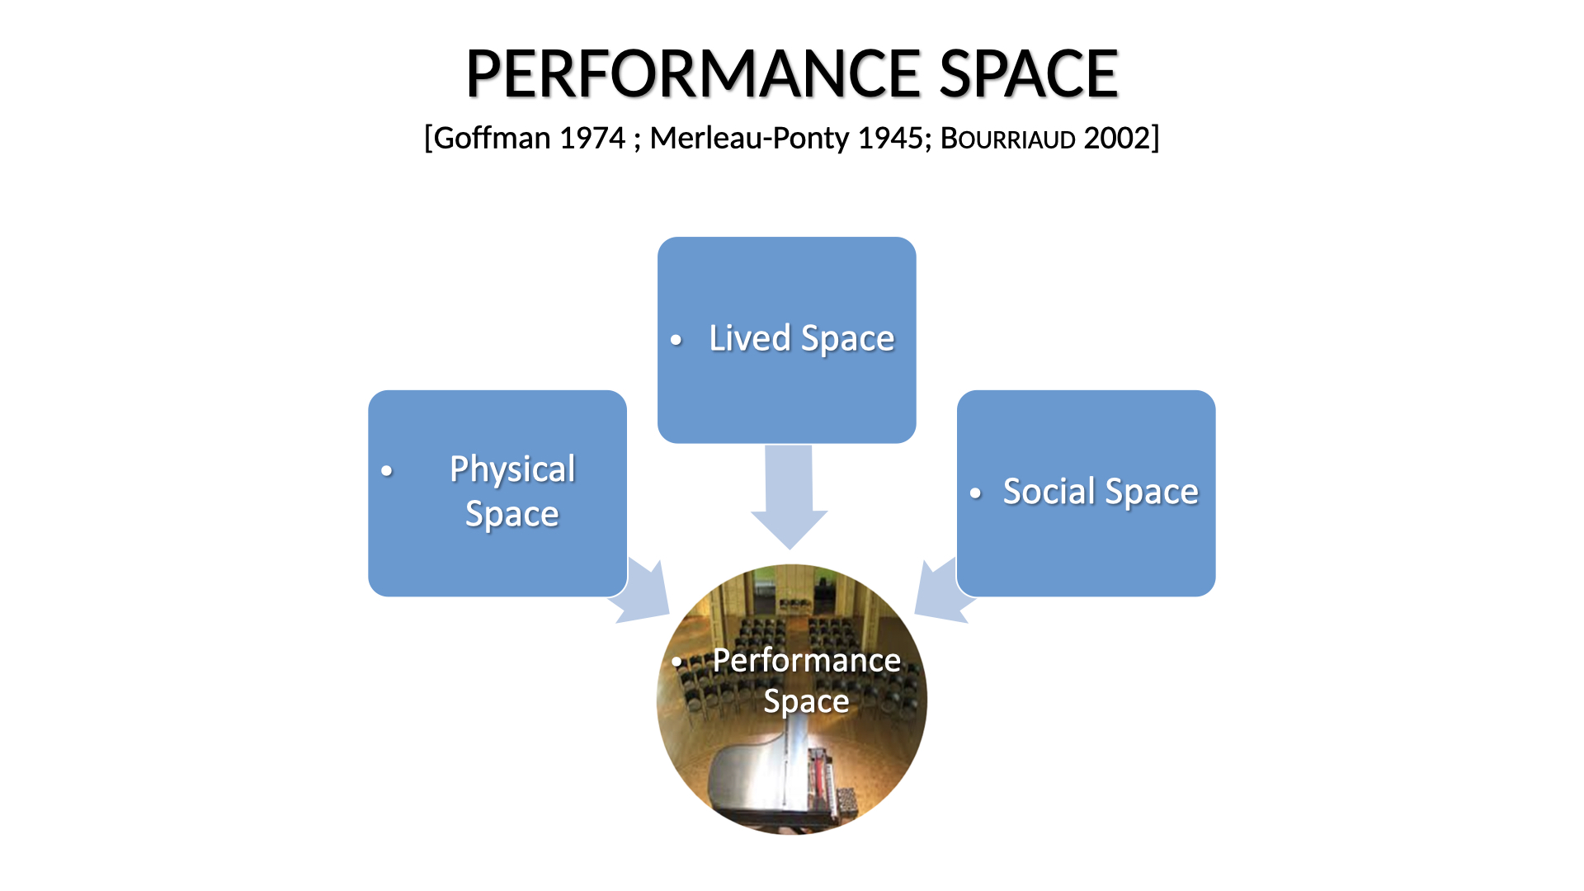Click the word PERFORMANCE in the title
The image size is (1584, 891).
[x=694, y=73]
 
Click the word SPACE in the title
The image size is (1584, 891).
[x=1029, y=73]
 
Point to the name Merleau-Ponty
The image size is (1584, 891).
[x=749, y=138]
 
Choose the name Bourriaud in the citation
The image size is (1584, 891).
[x=1007, y=139]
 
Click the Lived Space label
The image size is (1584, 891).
[x=802, y=339]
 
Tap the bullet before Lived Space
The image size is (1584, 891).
[x=676, y=340]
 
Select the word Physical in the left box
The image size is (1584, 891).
[x=512, y=470]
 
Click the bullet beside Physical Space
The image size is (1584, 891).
[x=387, y=471]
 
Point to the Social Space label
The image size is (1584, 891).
[x=1101, y=493]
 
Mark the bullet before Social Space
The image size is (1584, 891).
[x=976, y=493]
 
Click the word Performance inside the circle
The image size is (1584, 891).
[x=806, y=661]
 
